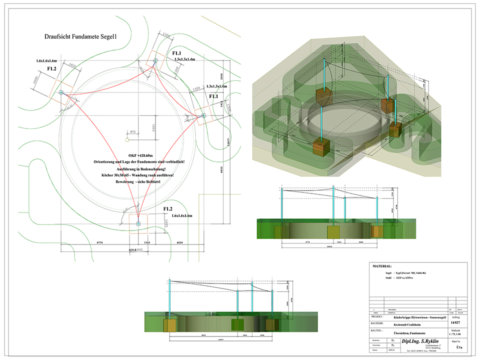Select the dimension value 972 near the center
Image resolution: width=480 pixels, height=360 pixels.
[132, 131]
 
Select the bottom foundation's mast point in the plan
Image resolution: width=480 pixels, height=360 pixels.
[138, 223]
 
